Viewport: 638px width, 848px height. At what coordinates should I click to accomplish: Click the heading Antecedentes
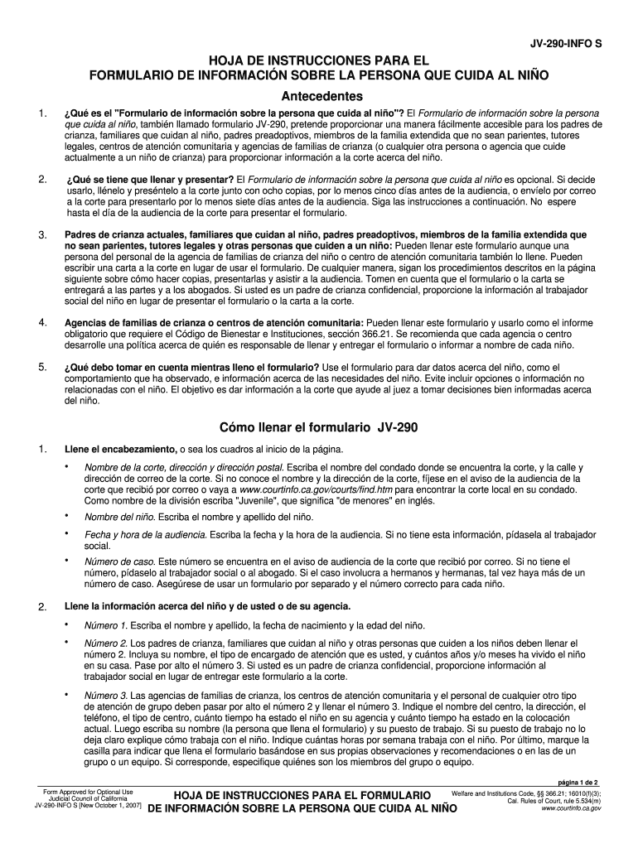pyautogui.click(x=318, y=95)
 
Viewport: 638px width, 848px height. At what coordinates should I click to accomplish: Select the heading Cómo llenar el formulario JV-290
pyautogui.click(x=318, y=428)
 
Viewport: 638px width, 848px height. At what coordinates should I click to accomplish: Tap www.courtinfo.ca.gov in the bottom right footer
pyautogui.click(x=571, y=808)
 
